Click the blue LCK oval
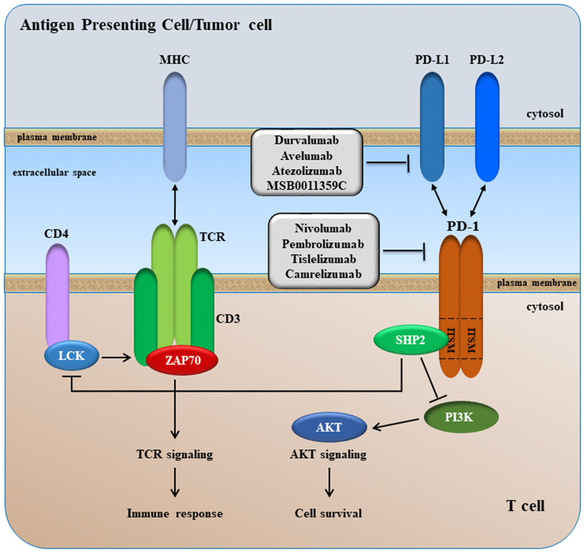tap(71, 356)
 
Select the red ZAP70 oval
tap(182, 360)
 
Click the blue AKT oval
tap(329, 427)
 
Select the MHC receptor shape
tap(175, 120)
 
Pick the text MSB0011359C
tap(306, 185)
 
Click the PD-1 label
tap(467, 226)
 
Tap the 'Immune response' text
tap(174, 513)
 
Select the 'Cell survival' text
tap(328, 513)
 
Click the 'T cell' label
tap(525, 505)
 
